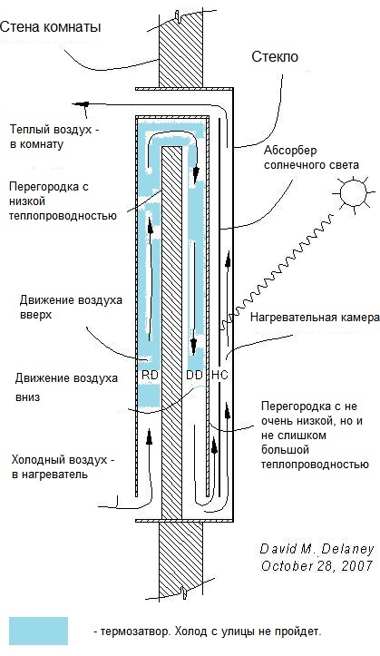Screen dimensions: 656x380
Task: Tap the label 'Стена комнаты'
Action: [x=50, y=27]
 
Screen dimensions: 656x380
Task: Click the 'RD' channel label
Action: [x=151, y=375]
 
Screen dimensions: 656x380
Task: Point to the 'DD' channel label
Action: [x=194, y=375]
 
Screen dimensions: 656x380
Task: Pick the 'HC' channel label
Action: [x=219, y=375]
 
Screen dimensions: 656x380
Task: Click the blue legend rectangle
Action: [x=38, y=631]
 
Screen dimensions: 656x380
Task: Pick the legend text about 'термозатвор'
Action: [x=207, y=631]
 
